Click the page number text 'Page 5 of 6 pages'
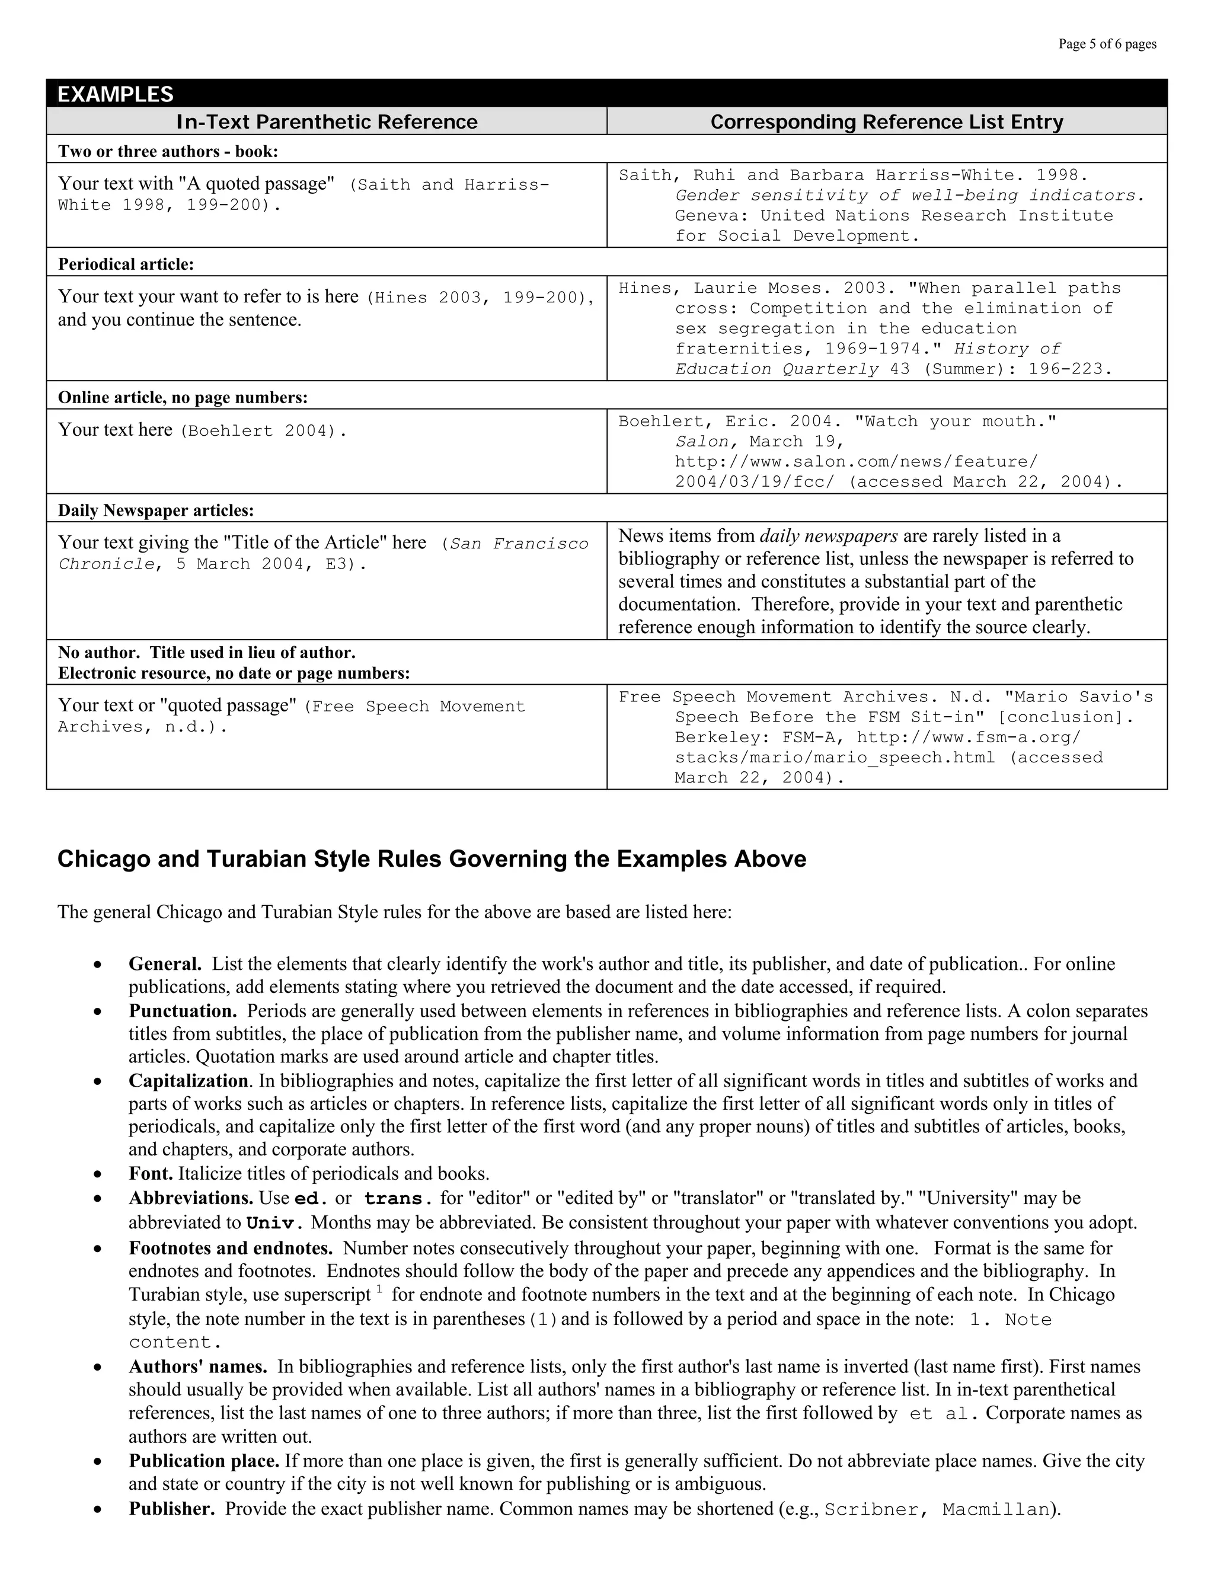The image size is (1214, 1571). coord(1107,44)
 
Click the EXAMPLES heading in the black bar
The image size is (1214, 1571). coord(115,94)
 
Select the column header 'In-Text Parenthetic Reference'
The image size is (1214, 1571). coord(327,122)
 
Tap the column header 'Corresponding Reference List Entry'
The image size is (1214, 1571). coord(886,122)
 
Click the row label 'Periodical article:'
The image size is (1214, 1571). coord(126,264)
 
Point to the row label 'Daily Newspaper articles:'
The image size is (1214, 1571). coord(156,510)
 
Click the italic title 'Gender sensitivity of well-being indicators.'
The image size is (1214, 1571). coord(909,196)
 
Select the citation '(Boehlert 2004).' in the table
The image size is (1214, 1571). coord(263,431)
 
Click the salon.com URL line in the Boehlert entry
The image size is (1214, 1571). coord(856,462)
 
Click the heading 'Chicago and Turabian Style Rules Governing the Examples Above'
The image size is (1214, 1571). coord(432,859)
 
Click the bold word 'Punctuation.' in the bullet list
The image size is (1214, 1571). coord(183,1011)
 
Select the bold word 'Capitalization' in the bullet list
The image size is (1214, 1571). coord(189,1080)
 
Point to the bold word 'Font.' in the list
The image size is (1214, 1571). coord(151,1174)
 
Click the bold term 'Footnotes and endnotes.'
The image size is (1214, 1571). coord(230,1248)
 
